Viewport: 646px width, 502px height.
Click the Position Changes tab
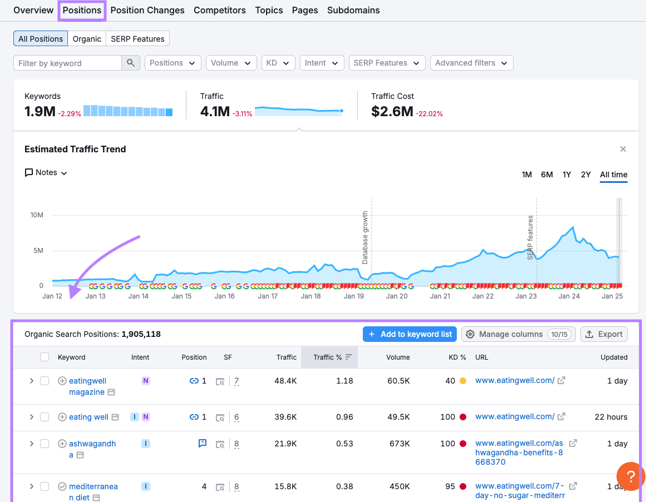tap(147, 10)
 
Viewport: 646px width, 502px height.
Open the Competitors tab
tap(219, 10)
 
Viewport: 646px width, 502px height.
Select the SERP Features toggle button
tap(137, 39)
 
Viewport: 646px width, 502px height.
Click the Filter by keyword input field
tap(67, 63)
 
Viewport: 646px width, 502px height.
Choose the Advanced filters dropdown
tap(471, 63)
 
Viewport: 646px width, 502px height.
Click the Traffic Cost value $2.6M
tap(392, 112)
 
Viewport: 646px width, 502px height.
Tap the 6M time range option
tap(546, 175)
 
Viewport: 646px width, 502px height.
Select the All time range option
tap(613, 175)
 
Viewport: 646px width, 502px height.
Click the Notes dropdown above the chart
tap(46, 172)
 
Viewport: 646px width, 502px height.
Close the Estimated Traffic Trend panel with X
tap(623, 149)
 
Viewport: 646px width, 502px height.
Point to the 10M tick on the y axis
tap(37, 215)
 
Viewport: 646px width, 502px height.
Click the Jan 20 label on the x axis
tap(397, 296)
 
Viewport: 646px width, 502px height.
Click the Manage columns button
tap(518, 334)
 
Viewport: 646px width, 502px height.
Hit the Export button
tap(604, 334)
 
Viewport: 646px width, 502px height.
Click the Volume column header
tap(398, 357)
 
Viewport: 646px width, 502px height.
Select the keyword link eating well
tap(88, 417)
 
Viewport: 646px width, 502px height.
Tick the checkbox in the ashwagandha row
tap(45, 444)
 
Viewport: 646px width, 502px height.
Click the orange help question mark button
tap(630, 476)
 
